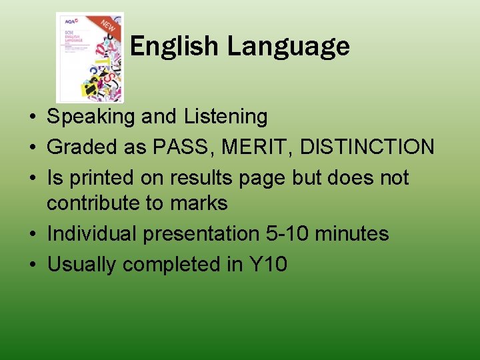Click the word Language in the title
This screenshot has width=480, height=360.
coord(288,47)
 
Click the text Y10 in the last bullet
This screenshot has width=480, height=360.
coord(268,265)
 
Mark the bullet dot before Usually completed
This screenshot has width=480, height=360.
coord(32,265)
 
